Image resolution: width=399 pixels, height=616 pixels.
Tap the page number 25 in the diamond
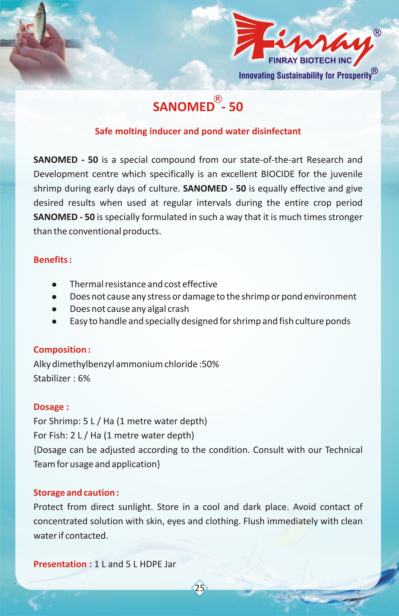click(199, 588)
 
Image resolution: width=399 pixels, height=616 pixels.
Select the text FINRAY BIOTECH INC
click(310, 61)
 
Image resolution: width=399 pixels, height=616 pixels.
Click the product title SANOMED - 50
click(198, 107)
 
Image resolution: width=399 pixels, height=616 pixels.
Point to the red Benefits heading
click(52, 260)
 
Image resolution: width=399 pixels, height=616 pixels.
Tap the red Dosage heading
click(51, 407)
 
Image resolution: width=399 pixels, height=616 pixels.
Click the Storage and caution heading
click(76, 493)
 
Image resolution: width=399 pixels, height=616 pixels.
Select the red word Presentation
click(60, 564)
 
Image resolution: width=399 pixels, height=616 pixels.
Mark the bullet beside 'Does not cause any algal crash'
click(54, 309)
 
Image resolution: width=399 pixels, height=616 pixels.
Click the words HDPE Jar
click(158, 564)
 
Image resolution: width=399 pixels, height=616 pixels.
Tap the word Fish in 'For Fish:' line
click(58, 436)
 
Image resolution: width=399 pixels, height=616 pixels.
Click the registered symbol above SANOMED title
click(218, 99)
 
